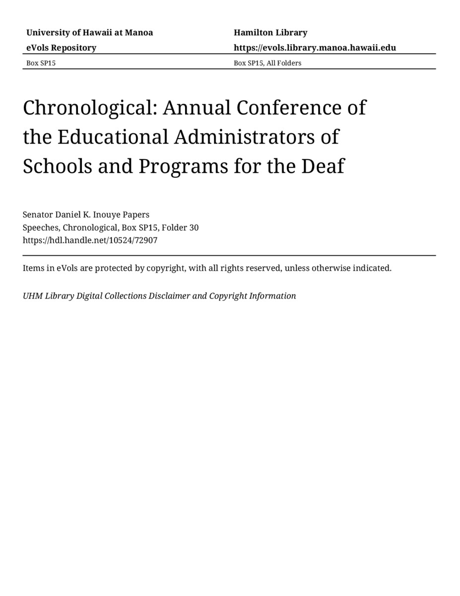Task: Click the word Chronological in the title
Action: tap(89, 108)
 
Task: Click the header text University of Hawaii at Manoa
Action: tap(89, 33)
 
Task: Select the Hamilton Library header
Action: tap(270, 33)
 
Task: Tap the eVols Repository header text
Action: tap(61, 48)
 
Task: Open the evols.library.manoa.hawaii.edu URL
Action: tap(315, 48)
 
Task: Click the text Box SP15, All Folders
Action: tap(267, 63)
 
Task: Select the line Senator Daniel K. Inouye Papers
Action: tap(86, 215)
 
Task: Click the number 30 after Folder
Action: tap(194, 227)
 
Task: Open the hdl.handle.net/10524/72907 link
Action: tap(90, 240)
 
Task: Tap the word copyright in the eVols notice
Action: tap(166, 268)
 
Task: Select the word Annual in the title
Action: tap(197, 108)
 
